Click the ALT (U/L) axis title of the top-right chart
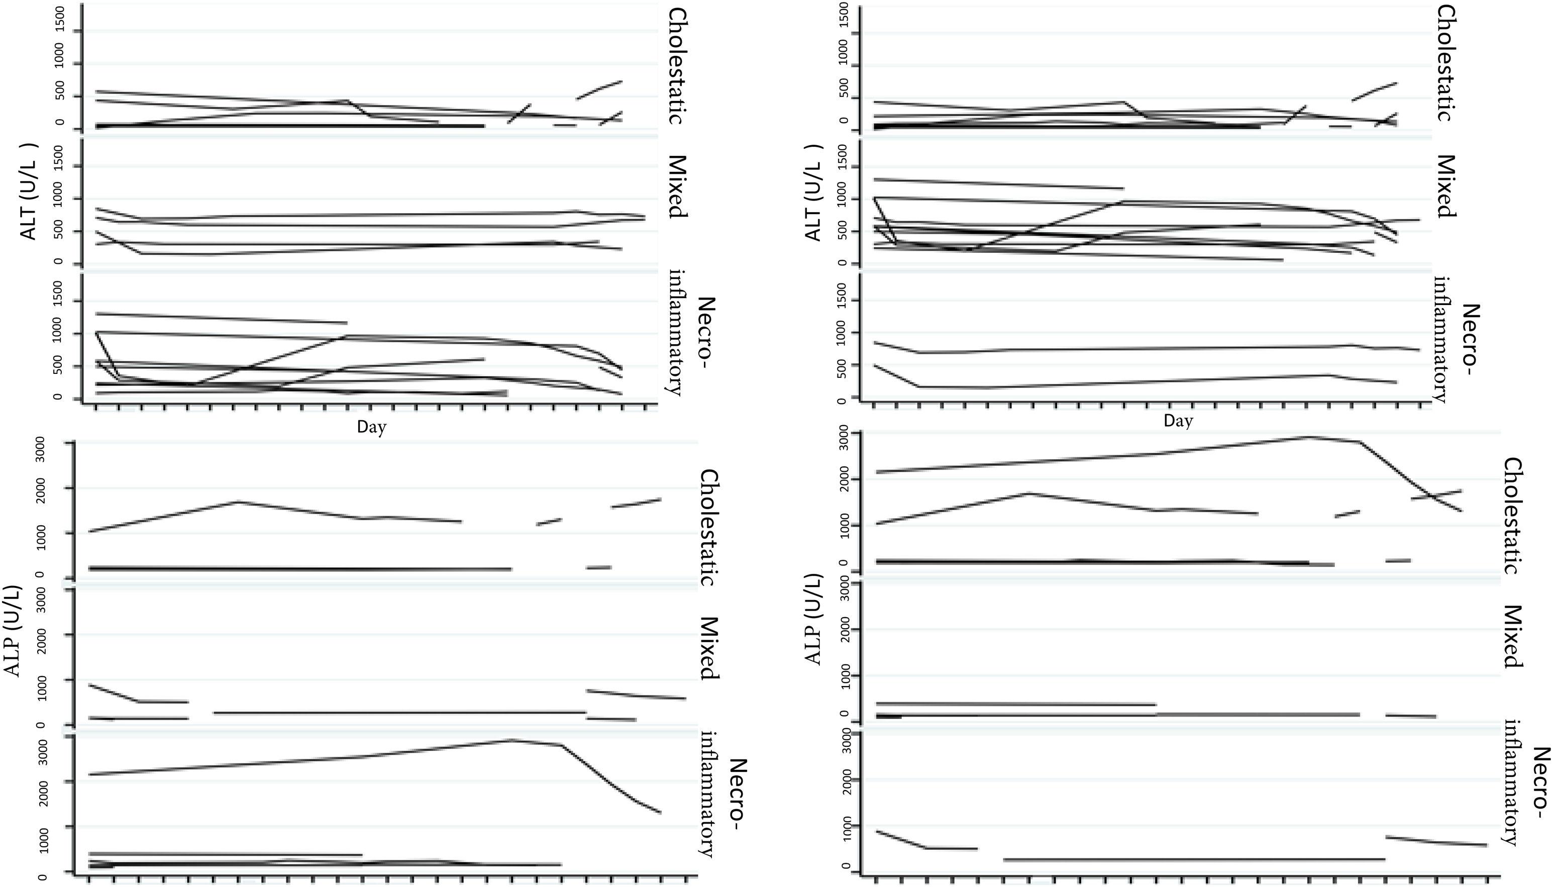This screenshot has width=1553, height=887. click(x=813, y=192)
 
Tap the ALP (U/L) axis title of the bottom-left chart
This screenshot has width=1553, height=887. click(x=13, y=631)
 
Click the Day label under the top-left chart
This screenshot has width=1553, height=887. click(x=371, y=427)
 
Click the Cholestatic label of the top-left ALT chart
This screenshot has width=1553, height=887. click(x=677, y=66)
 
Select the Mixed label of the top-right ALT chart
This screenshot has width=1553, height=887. click(x=1445, y=186)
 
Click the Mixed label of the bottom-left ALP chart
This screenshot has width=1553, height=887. click(x=709, y=648)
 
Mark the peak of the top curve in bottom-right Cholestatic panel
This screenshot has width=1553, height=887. click(x=1309, y=437)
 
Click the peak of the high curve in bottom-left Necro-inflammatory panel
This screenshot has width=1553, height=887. click(x=511, y=740)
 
